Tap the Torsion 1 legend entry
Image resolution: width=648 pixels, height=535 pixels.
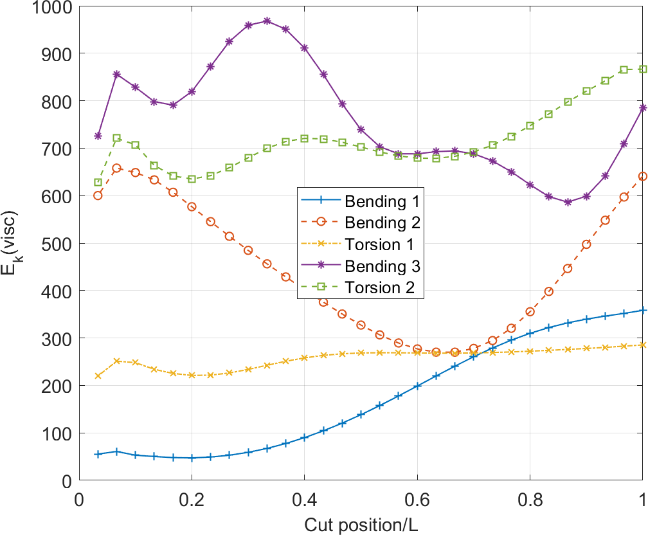379,244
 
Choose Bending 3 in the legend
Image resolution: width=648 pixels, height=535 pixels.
382,266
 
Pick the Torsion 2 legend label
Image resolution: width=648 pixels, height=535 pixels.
379,287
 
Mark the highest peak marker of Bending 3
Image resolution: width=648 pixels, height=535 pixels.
267,21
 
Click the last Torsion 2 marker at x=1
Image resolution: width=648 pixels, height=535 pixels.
642,69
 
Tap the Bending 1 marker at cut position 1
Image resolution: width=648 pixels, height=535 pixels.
642,311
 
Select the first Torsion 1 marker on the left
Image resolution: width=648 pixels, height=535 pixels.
98,376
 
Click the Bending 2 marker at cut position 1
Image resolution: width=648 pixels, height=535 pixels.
642,176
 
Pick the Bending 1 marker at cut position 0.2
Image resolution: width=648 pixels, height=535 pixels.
192,458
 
